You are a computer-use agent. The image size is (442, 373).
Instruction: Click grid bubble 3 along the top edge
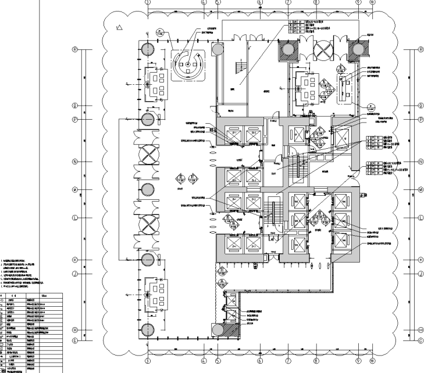coord(148,2)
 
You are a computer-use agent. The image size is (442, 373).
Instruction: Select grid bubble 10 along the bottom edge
coord(372,360)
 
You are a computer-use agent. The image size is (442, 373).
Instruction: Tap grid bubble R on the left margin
coord(74,49)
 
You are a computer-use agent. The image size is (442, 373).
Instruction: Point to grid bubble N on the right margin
coord(421,162)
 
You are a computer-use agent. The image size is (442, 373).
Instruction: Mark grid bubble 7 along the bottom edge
coord(288,360)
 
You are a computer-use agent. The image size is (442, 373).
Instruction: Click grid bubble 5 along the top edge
coord(218,2)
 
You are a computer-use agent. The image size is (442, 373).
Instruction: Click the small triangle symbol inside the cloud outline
coord(119,26)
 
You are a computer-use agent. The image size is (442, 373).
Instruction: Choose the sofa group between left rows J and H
coord(155,292)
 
